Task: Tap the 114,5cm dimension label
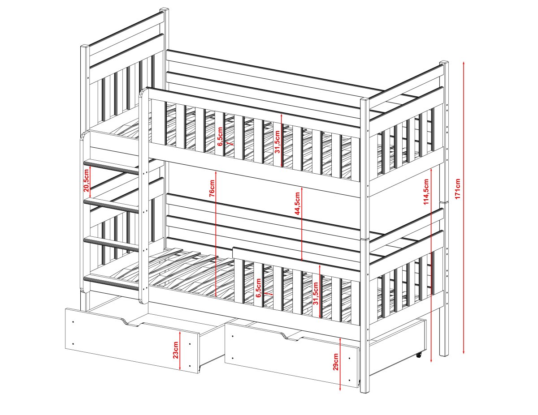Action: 426,192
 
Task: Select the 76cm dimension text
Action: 212,188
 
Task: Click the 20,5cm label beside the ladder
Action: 87,180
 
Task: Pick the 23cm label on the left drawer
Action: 176,350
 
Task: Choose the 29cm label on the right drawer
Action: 335,362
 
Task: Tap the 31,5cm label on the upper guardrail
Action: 277,142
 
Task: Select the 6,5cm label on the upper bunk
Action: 220,137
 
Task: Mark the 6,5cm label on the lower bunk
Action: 258,288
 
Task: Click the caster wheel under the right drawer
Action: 419,355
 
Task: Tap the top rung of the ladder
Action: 111,166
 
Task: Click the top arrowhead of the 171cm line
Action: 464,63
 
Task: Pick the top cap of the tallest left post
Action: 164,10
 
